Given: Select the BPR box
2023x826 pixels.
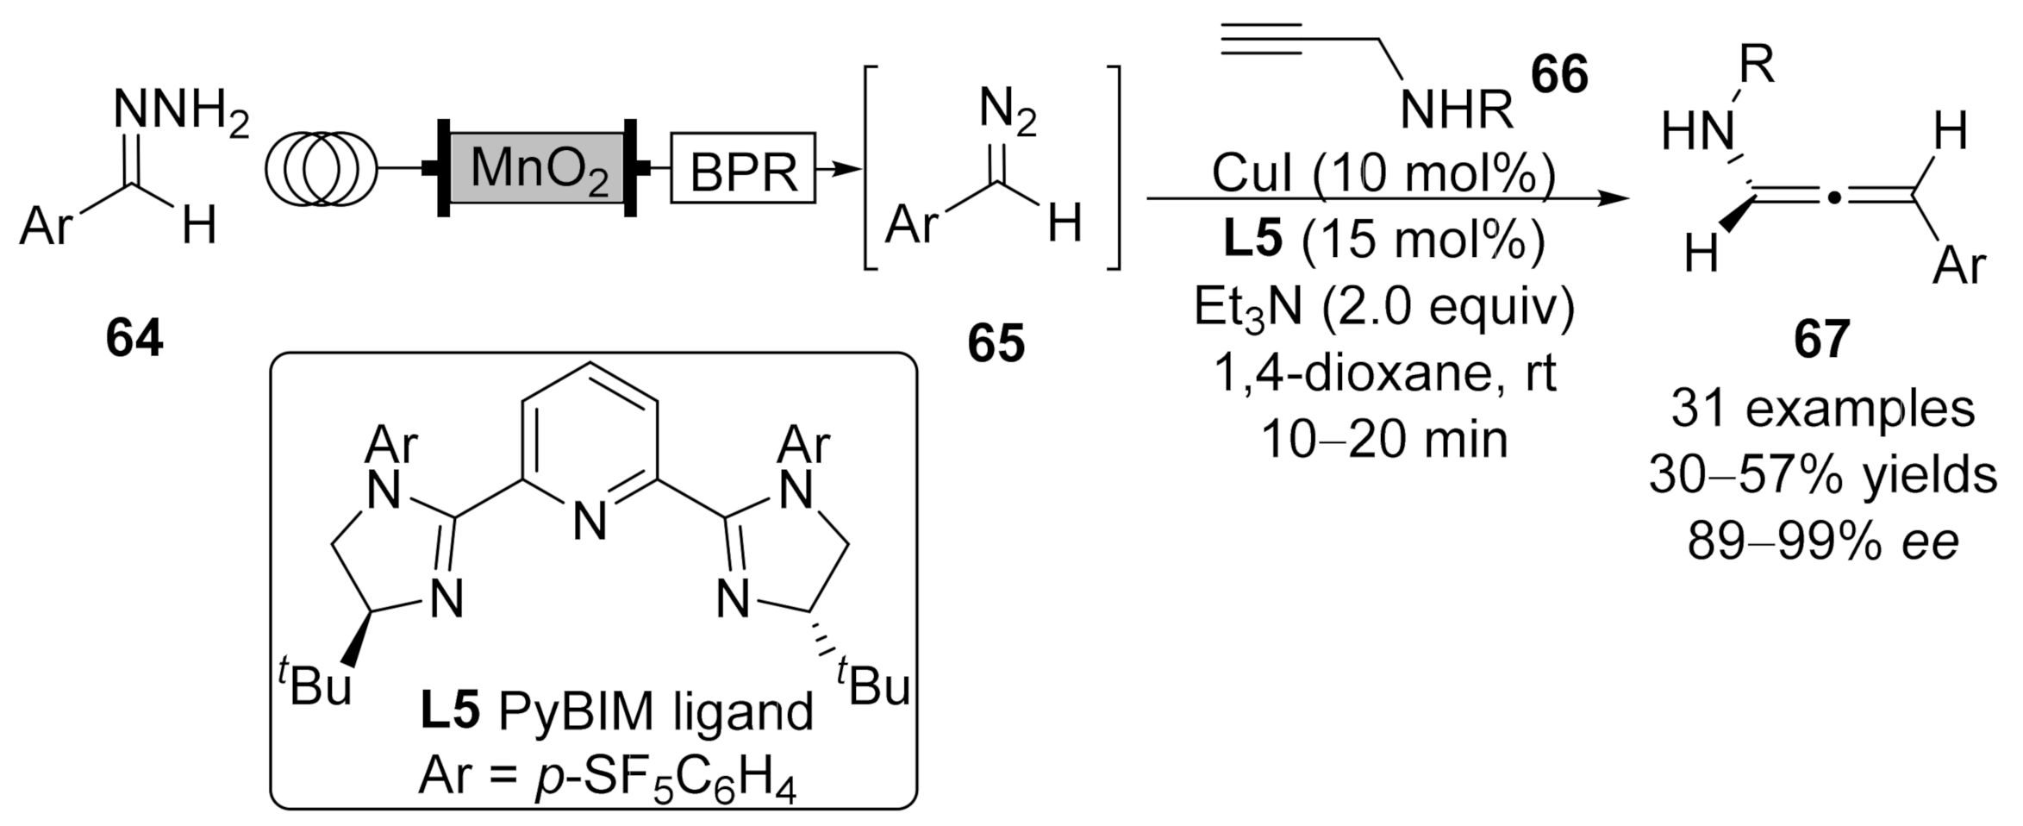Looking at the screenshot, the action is pos(743,168).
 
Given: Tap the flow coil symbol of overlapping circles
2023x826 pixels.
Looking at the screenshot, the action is pos(322,168).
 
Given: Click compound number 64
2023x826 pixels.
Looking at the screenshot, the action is pos(134,338).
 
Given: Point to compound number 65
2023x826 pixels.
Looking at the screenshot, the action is pos(996,343).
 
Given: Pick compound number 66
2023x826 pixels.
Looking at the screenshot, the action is pos(1559,74).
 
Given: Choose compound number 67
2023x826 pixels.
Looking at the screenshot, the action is pos(1821,339).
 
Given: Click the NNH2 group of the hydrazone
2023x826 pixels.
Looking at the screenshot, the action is pos(181,114).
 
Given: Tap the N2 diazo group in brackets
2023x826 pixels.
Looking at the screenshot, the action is pos(1007,114).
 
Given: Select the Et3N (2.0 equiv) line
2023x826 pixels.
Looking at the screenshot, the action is pos(1383,306).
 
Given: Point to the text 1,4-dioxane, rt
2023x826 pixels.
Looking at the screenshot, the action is pos(1384,372).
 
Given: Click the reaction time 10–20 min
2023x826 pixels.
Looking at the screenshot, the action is pos(1384,439).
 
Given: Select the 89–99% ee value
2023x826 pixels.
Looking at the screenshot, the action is pos(1823,541).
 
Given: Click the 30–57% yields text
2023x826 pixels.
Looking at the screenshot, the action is pos(1823,474).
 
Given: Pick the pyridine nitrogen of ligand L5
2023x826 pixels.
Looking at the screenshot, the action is pos(590,521).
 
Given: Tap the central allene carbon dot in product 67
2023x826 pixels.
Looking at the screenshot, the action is pos(1833,200).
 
